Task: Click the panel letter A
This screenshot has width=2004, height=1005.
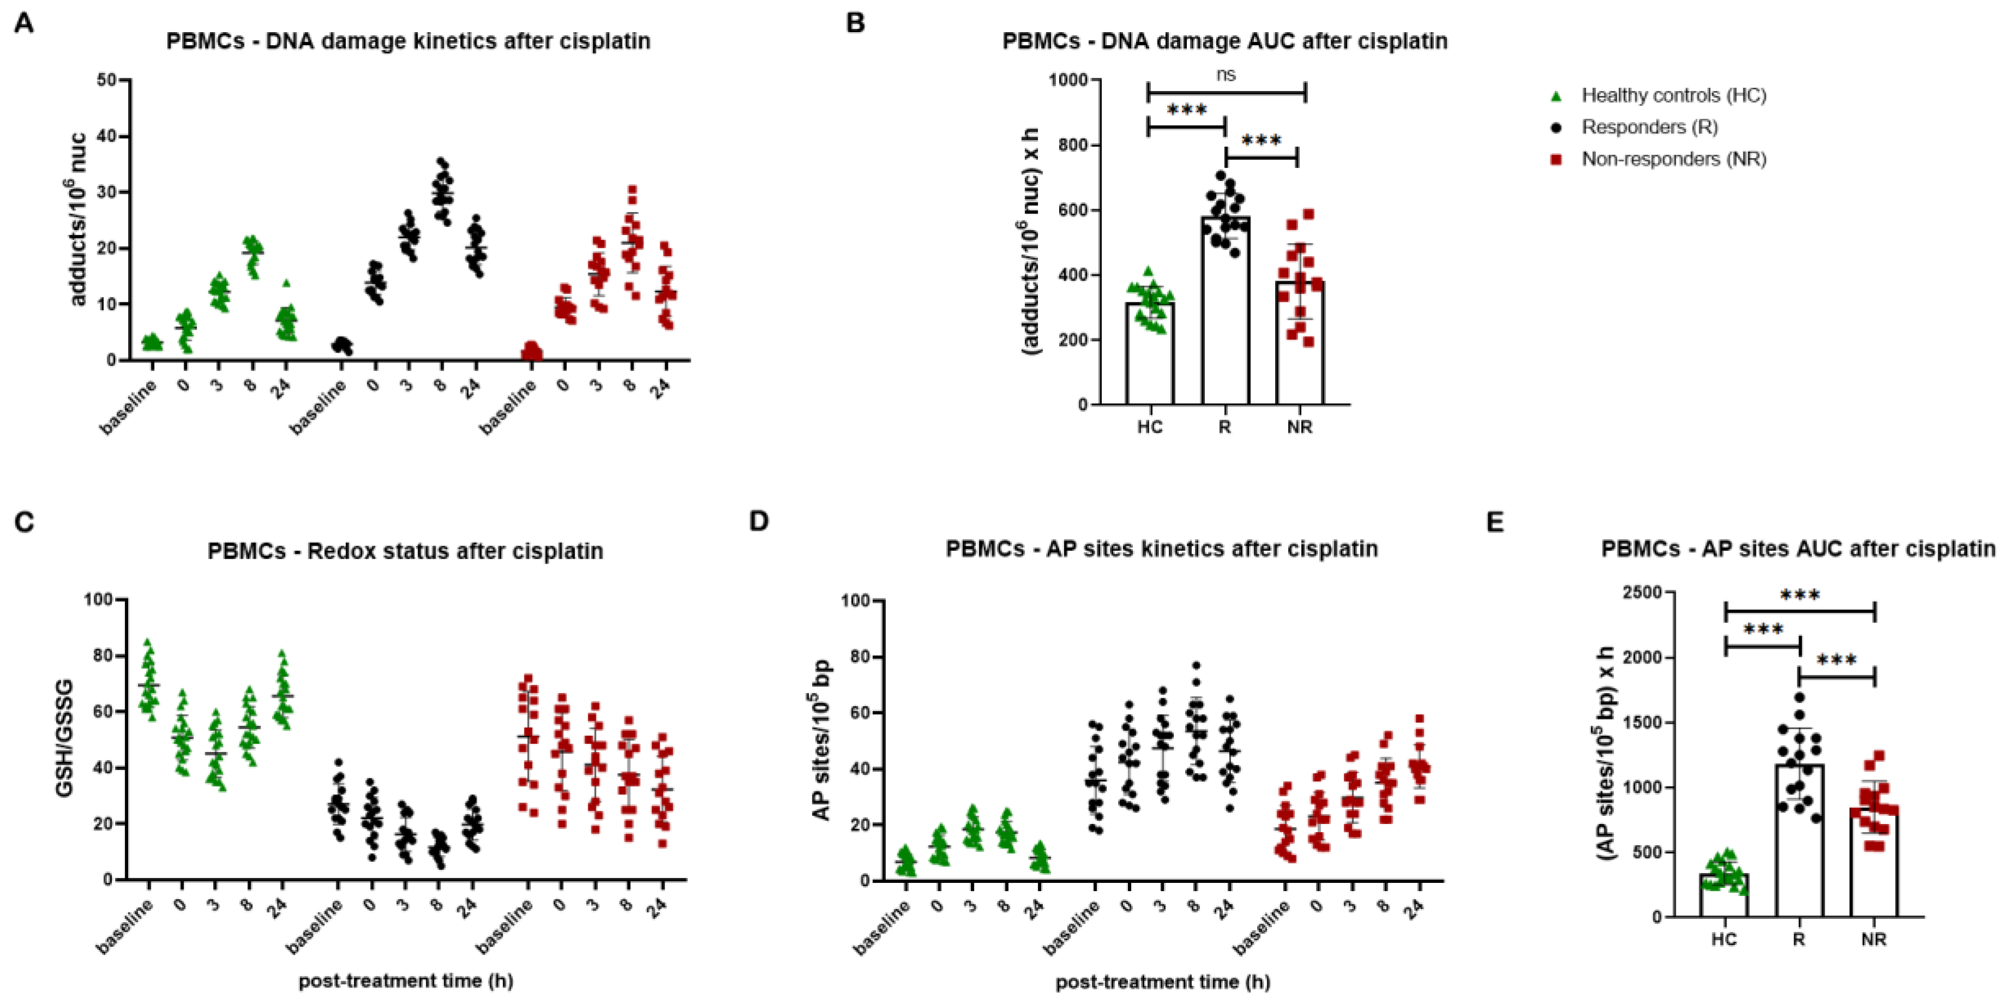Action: pos(24,24)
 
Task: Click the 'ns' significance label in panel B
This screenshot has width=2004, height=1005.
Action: pos(1226,75)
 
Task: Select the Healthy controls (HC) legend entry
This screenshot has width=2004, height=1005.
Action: pos(1673,96)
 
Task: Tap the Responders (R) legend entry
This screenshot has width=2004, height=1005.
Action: pos(1649,128)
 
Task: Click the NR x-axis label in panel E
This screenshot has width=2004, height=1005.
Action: pos(1873,940)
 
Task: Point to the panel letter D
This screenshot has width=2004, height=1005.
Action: pos(758,521)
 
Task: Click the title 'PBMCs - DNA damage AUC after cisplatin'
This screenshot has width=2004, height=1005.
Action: pos(1224,41)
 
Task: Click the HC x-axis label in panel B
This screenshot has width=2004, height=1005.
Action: pos(1150,427)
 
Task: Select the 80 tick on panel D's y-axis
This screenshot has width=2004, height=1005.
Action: pos(858,657)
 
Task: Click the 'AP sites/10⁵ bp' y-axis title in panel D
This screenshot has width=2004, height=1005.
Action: pos(822,739)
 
